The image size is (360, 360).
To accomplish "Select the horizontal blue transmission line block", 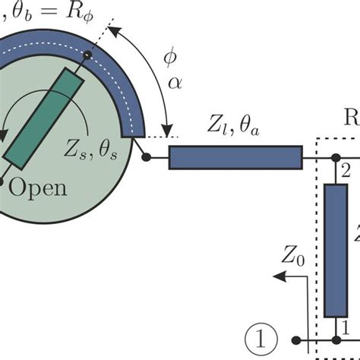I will click(x=235, y=158).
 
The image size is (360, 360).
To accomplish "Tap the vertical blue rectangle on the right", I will click(x=335, y=250).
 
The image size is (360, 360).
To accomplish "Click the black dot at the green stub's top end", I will click(x=89, y=55).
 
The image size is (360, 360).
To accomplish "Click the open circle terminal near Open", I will click(x=3, y=182).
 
